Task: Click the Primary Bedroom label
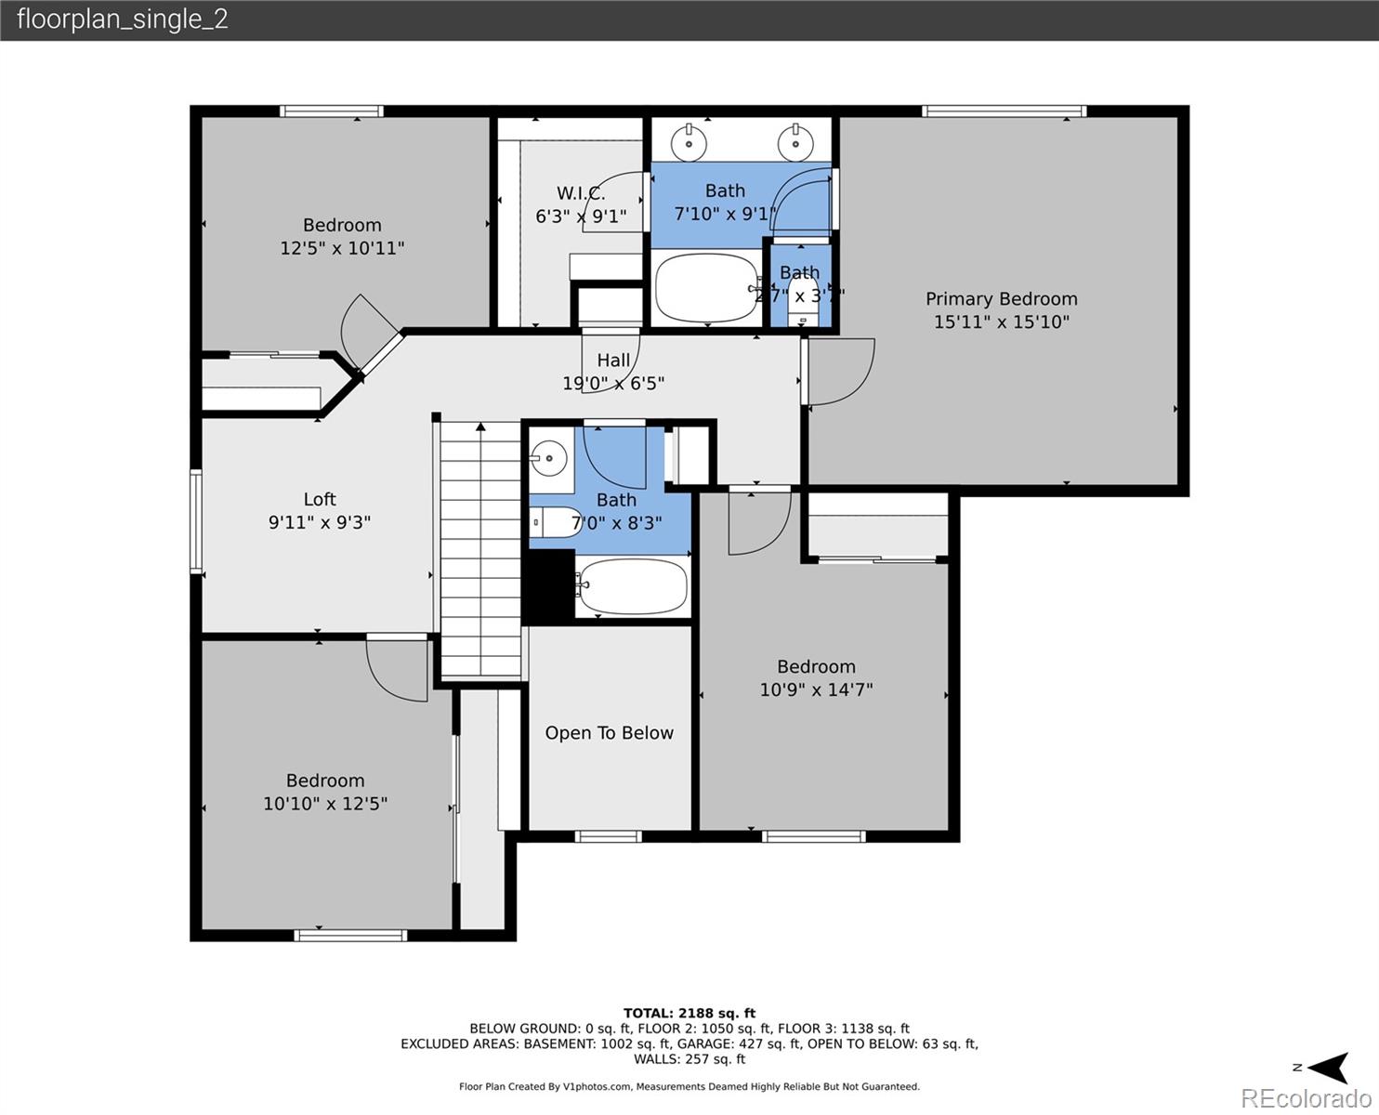point(1001,299)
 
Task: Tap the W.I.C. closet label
point(581,193)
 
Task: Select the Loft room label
point(320,500)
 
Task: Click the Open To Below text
point(609,733)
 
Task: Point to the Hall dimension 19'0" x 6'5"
point(613,383)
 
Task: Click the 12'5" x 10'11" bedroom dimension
point(342,248)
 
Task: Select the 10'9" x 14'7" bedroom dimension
point(816,689)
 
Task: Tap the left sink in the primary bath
point(689,141)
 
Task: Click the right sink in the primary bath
point(795,141)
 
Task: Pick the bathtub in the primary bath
point(706,288)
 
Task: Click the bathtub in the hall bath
point(632,586)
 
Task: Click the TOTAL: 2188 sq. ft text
point(689,1013)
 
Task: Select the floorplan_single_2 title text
point(122,20)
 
